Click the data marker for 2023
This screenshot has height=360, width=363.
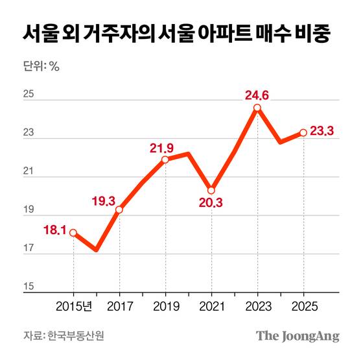pyautogui.click(x=257, y=108)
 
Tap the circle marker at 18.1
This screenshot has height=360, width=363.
pyautogui.click(x=73, y=232)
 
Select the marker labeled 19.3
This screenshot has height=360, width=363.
pyautogui.click(x=119, y=210)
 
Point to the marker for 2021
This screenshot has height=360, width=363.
pyautogui.click(x=211, y=190)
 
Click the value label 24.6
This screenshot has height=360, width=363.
pyautogui.click(x=257, y=95)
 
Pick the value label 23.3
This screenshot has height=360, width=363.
pyautogui.click(x=322, y=132)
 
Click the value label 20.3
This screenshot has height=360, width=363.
pyautogui.click(x=211, y=203)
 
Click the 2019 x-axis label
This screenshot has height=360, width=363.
pyautogui.click(x=165, y=305)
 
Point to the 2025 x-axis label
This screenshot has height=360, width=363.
pyautogui.click(x=303, y=305)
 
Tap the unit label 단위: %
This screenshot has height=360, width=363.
pyautogui.click(x=40, y=66)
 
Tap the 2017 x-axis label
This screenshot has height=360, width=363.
pyautogui.click(x=119, y=305)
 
